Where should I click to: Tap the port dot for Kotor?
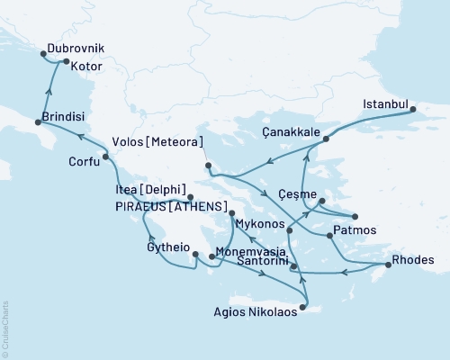[x=66, y=61]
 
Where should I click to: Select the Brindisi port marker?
[x=38, y=121]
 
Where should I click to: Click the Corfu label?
[x=84, y=163]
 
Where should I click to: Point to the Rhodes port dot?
[x=387, y=264]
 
